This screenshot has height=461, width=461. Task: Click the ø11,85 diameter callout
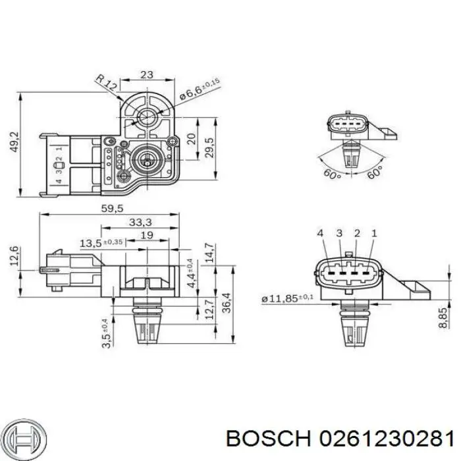287,299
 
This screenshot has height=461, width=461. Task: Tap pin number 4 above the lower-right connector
320,234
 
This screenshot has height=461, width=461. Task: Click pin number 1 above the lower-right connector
373,234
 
